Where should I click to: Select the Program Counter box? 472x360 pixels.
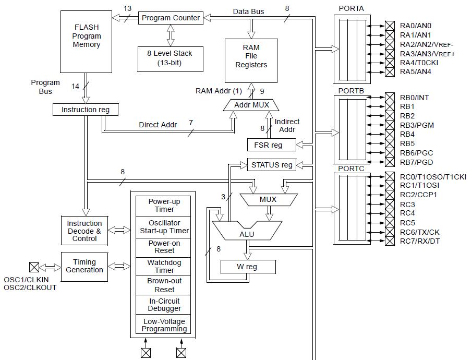(171, 18)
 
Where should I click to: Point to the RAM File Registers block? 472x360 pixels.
(251, 56)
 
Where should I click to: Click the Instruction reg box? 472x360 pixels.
(86, 110)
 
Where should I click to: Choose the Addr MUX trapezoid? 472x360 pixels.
(251, 105)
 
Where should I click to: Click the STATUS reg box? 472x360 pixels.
(272, 165)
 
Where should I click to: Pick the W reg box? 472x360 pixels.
(247, 267)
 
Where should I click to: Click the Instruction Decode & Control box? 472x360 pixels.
(84, 231)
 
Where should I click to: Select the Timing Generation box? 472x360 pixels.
(84, 266)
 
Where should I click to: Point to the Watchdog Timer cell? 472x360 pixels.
(164, 267)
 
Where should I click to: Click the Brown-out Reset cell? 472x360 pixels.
(164, 285)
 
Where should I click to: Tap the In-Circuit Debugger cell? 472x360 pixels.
(164, 305)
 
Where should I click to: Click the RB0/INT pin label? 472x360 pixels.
(414, 98)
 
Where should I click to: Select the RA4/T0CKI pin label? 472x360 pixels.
(419, 63)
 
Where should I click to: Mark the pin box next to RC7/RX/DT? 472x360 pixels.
(390, 241)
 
